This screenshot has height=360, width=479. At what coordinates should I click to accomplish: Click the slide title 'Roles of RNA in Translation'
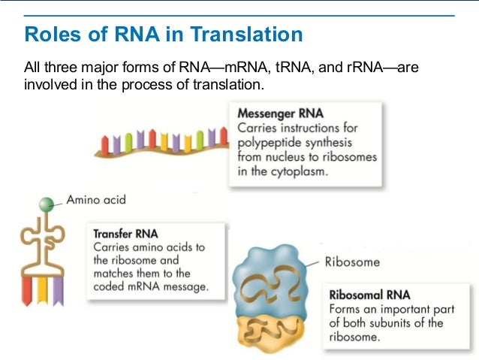point(164,35)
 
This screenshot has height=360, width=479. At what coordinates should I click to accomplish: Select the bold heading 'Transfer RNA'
point(125,234)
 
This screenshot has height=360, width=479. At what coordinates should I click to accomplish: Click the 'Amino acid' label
point(96,200)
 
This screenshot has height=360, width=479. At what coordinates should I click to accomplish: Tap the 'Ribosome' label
point(352,262)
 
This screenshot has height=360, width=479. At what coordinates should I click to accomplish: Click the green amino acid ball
point(47,202)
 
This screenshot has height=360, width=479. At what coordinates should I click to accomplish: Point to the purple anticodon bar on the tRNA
point(57,290)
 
